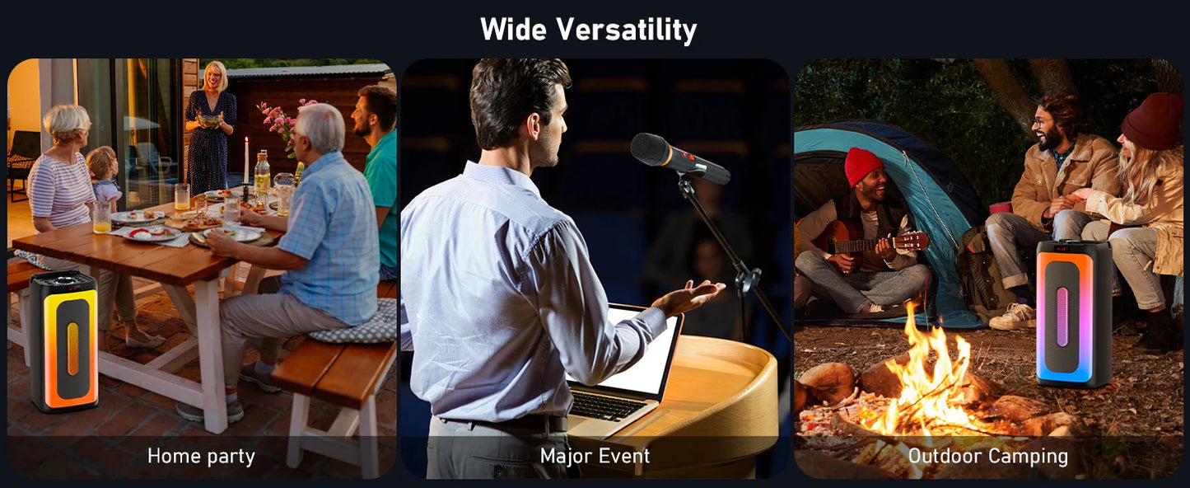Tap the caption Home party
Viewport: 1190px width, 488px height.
(x=201, y=457)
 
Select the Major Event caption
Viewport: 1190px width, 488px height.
(x=595, y=456)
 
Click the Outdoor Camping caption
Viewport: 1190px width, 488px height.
(x=988, y=456)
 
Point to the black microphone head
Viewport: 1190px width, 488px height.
(x=648, y=149)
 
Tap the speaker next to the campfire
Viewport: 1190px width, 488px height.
(x=1074, y=313)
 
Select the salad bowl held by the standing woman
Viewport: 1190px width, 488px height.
(x=209, y=120)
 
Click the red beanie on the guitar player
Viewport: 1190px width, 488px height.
(x=863, y=166)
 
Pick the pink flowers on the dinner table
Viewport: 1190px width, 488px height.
(x=282, y=125)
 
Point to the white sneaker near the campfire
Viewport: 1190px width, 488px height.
(x=1013, y=317)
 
